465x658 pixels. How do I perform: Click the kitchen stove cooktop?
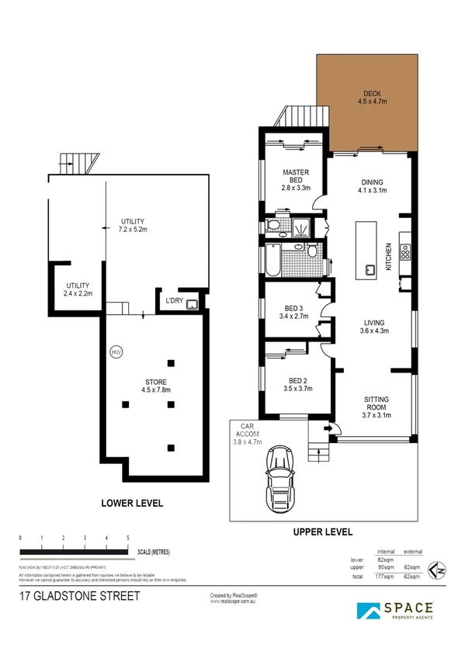coord(404,252)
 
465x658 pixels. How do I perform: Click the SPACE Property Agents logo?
coord(395,610)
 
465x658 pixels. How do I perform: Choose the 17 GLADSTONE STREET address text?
coord(80,597)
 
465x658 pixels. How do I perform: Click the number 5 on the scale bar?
coord(128,538)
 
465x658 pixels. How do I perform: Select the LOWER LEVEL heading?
coord(133,503)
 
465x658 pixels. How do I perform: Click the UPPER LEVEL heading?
coord(322,532)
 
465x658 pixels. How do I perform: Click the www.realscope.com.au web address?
coord(233,601)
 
